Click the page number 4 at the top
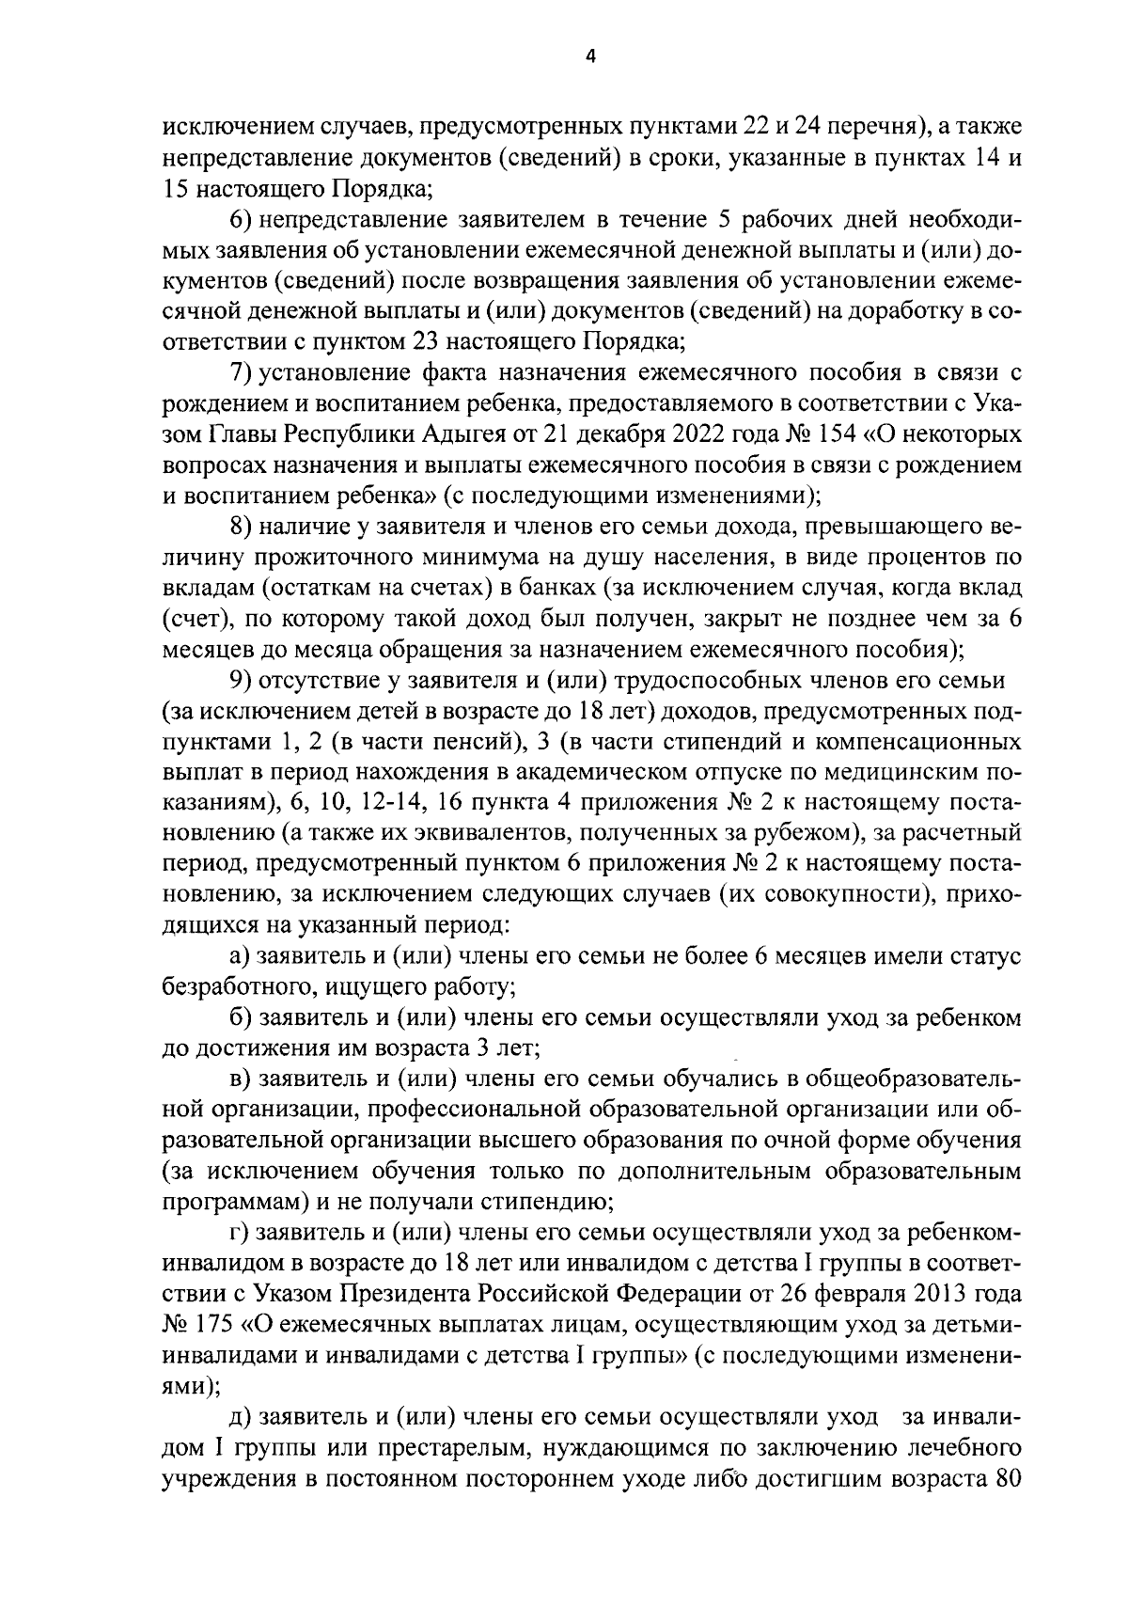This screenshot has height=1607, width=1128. (x=590, y=56)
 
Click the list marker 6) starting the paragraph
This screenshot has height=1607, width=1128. (x=241, y=222)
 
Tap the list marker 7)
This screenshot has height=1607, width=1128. (x=241, y=373)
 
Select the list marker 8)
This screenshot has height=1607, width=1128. (x=241, y=527)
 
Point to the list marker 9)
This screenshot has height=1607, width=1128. (x=241, y=680)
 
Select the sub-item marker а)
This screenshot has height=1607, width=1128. (x=241, y=957)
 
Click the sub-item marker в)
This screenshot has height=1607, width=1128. (x=241, y=1079)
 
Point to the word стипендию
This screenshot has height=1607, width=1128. (x=550, y=1202)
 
